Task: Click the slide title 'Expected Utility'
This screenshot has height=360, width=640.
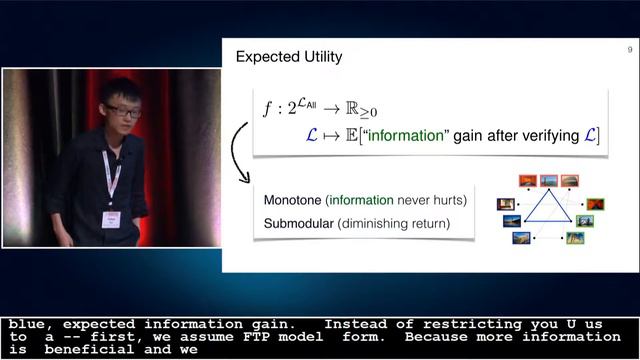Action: tap(288, 57)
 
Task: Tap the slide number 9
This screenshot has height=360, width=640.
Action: tap(629, 51)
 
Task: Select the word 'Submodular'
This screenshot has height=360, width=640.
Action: tap(299, 223)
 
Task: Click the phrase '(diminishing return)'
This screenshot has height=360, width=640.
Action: tap(393, 223)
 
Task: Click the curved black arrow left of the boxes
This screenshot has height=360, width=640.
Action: tap(239, 155)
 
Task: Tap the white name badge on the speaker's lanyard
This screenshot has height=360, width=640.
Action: tap(112, 218)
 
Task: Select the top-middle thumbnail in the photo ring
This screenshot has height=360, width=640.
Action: tap(548, 181)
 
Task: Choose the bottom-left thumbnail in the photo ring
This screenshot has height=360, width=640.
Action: tap(521, 238)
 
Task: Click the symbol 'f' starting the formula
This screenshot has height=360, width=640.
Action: tap(266, 108)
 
